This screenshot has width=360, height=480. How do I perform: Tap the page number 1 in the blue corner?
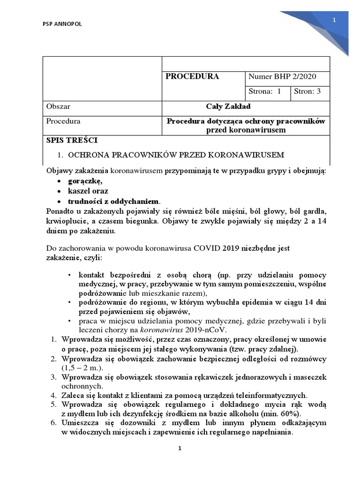pos(334,20)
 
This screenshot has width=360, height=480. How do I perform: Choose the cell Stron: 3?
pos(307,91)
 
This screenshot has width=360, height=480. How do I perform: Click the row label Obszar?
pos(58,106)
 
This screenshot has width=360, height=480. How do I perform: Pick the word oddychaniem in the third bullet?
pos(136,201)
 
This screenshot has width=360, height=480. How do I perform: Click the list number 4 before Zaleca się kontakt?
pos(53,395)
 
